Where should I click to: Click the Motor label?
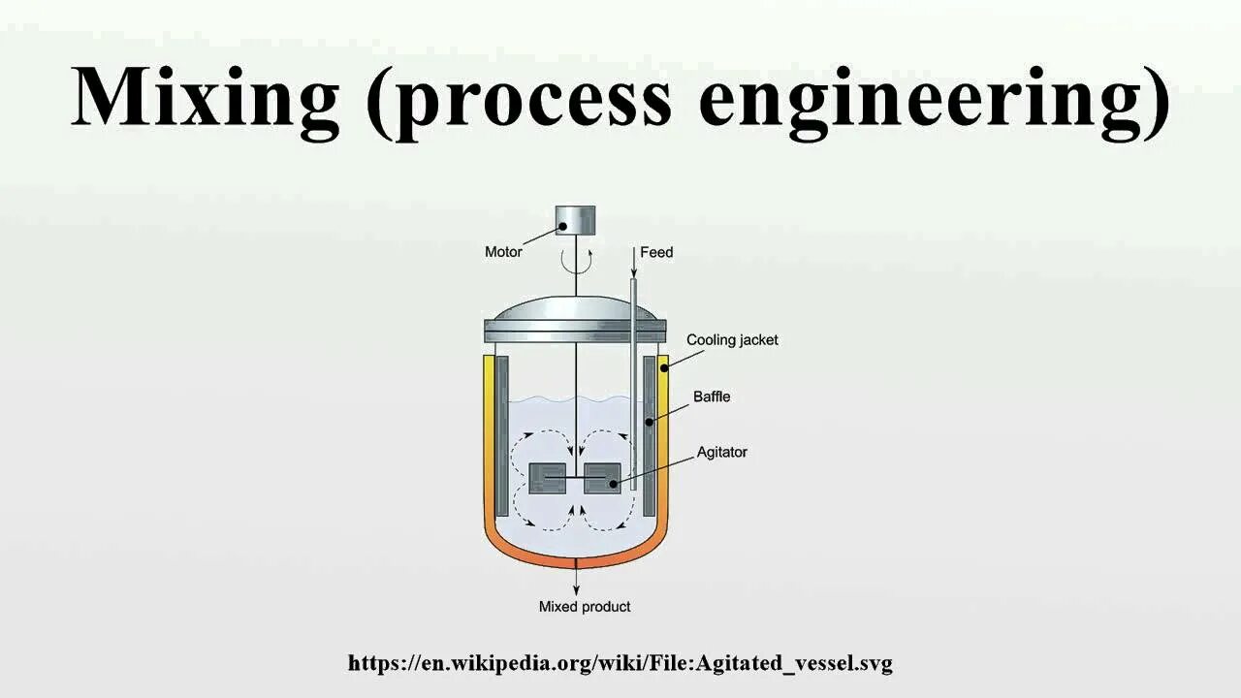pyautogui.click(x=503, y=252)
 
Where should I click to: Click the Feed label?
pyautogui.click(x=656, y=252)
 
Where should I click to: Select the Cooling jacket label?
pyautogui.click(x=732, y=340)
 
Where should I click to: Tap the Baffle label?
pyautogui.click(x=712, y=397)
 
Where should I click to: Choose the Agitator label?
pyautogui.click(x=721, y=452)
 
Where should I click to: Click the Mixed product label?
pyautogui.click(x=585, y=607)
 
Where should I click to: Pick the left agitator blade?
pyautogui.click(x=548, y=478)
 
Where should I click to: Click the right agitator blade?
pyautogui.click(x=602, y=478)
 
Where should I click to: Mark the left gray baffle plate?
pyautogui.click(x=501, y=436)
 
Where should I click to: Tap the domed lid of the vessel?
pyautogui.click(x=576, y=310)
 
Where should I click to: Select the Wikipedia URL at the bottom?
pyautogui.click(x=620, y=663)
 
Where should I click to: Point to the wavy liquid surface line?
pyautogui.click(x=543, y=399)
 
